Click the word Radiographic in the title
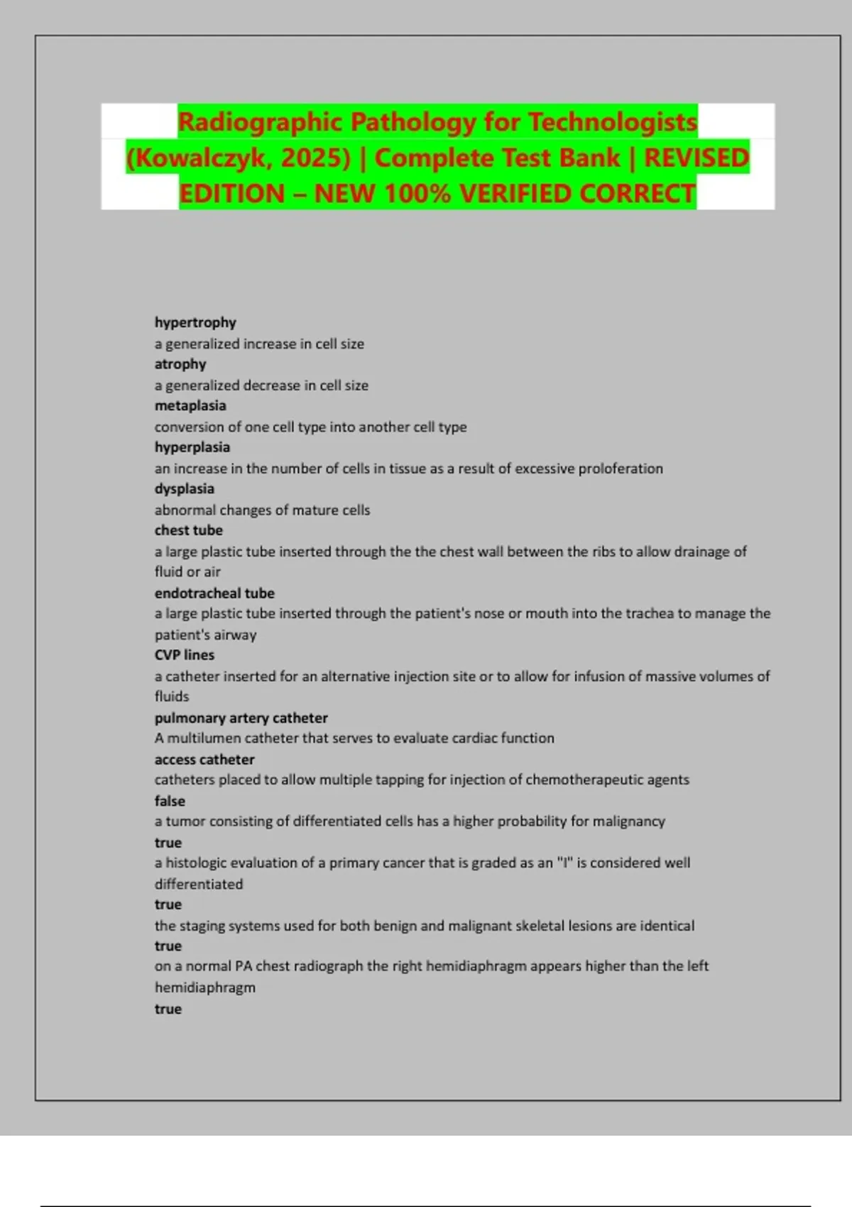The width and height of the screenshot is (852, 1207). tap(260, 122)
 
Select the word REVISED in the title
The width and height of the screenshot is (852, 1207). tap(696, 158)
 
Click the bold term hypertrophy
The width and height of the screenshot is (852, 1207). tap(195, 322)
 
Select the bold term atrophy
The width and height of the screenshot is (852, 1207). tap(180, 364)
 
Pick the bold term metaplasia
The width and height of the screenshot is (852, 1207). tap(190, 405)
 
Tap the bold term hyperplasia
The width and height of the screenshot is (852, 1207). tap(192, 447)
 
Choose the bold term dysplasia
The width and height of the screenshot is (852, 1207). tap(185, 488)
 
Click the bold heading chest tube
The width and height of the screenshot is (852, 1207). tap(189, 530)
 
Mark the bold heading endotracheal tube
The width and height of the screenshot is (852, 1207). tap(214, 593)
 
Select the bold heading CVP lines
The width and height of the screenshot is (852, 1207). tap(185, 655)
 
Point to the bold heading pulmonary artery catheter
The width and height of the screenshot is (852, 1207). tap(241, 718)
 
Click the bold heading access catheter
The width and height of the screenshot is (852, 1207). tap(204, 760)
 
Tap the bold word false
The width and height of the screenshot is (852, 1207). tap(170, 801)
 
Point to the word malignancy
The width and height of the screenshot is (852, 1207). tap(629, 821)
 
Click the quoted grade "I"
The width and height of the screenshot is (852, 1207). tap(565, 863)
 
